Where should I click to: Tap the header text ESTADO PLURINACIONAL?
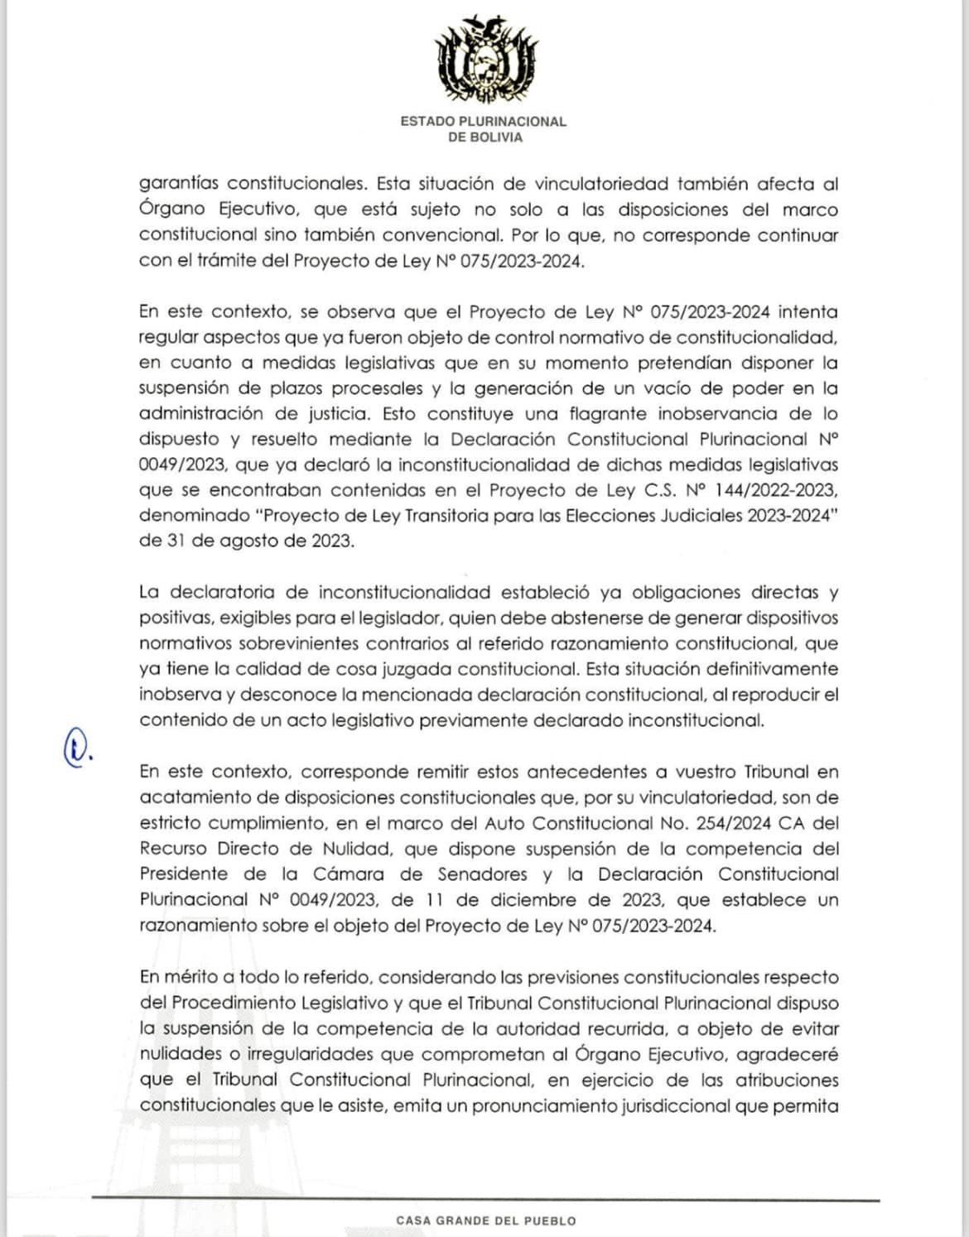click(484, 122)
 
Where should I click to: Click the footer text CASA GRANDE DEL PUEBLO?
click(485, 1220)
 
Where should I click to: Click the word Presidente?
click(183, 874)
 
